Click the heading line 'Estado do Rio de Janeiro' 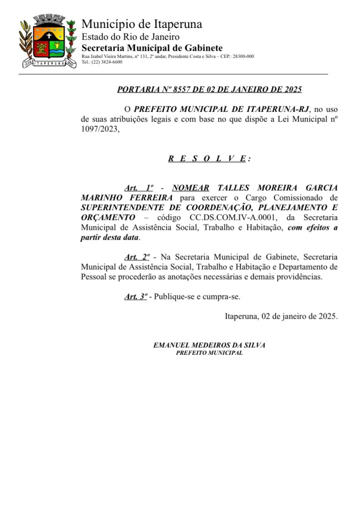(130, 36)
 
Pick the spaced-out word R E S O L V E (207, 159)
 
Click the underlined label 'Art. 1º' (138, 188)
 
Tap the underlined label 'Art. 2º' (137, 257)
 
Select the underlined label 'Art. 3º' (136, 296)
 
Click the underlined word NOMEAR (191, 188)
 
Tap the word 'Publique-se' (174, 296)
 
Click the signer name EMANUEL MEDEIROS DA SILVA (209, 345)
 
